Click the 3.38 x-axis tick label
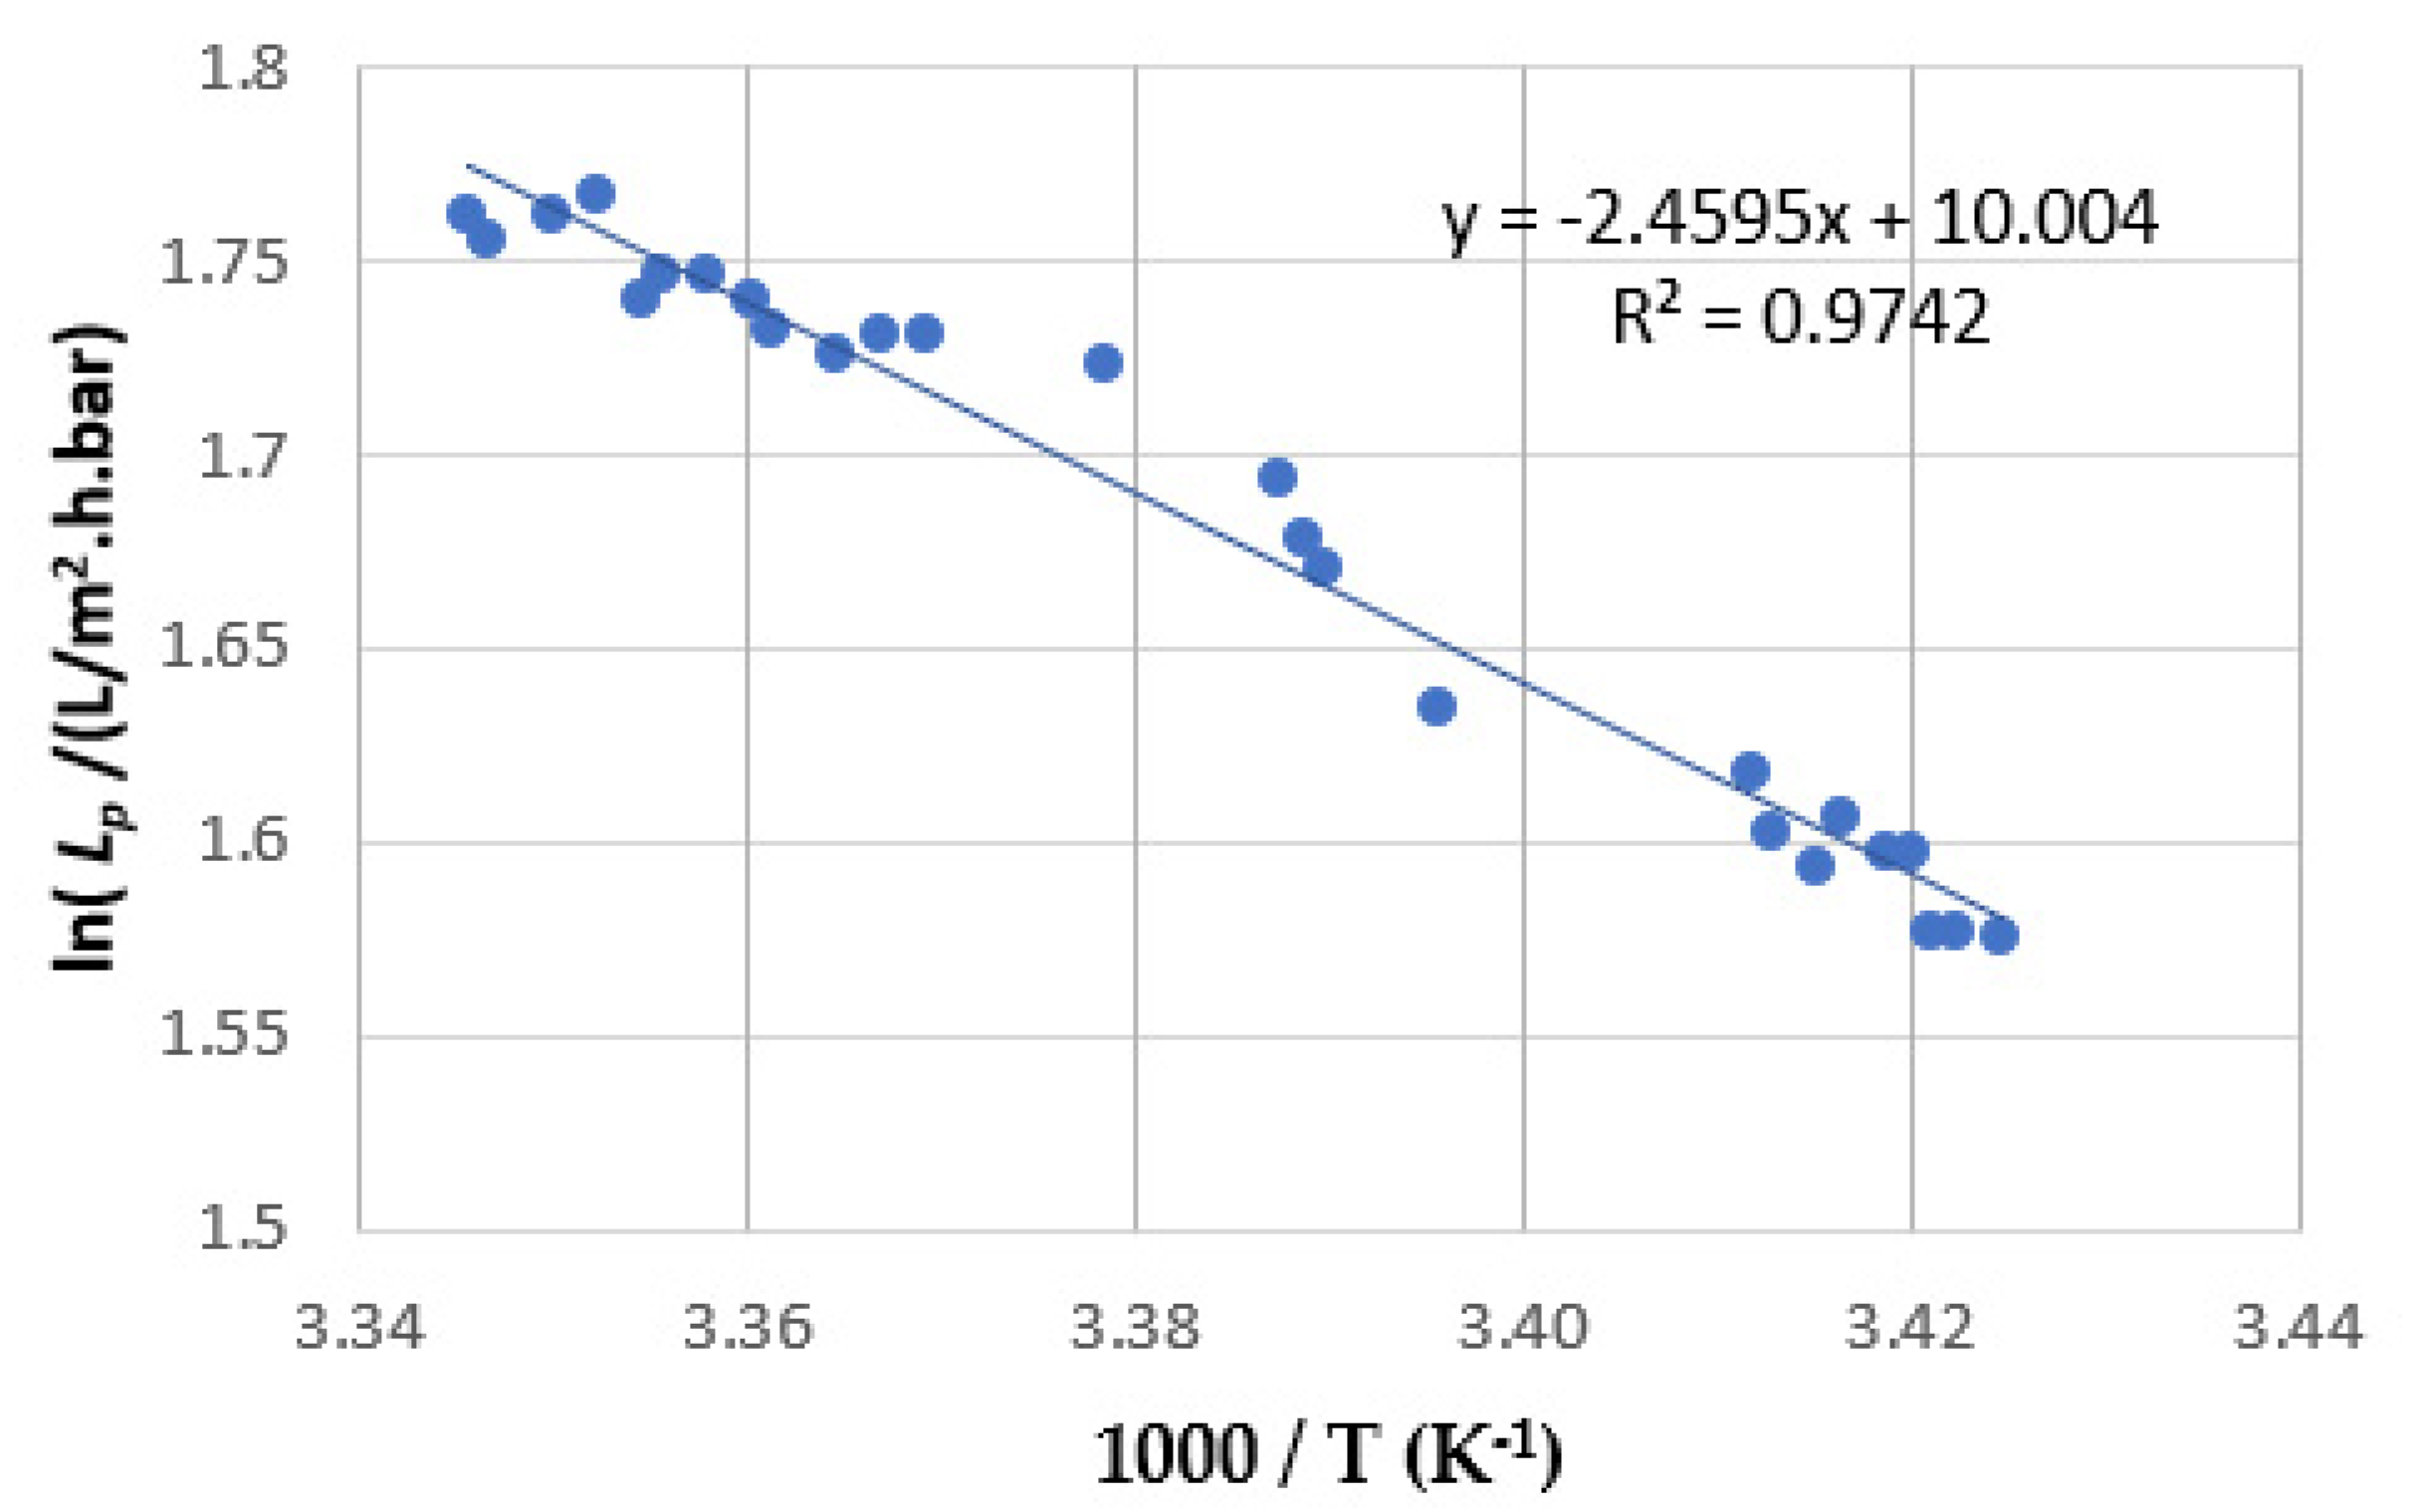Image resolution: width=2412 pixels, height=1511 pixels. click(x=1135, y=1328)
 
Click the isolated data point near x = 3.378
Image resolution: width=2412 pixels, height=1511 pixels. click(x=1103, y=362)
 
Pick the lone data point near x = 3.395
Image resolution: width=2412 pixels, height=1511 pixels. click(x=1436, y=707)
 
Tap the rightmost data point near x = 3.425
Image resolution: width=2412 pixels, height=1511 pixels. click(x=1999, y=936)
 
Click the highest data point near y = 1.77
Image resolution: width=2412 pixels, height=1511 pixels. click(x=595, y=193)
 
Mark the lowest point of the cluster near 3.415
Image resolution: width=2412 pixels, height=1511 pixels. click(x=1815, y=865)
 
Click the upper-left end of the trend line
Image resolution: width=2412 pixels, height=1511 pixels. click(x=468, y=166)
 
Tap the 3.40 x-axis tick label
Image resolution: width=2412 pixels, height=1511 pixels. click(x=1523, y=1328)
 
